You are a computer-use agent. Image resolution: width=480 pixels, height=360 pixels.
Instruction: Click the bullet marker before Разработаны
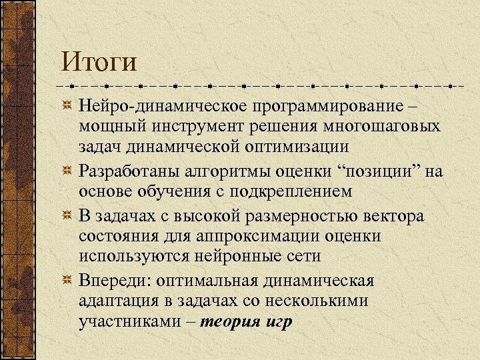pyautogui.click(x=67, y=171)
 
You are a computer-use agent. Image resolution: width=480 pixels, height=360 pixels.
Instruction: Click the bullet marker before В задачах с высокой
pyautogui.click(x=67, y=217)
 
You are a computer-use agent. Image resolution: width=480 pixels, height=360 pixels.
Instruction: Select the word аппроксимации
pyautogui.click(x=257, y=236)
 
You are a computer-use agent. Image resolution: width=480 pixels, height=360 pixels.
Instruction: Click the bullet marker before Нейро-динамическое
pyautogui.click(x=67, y=107)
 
